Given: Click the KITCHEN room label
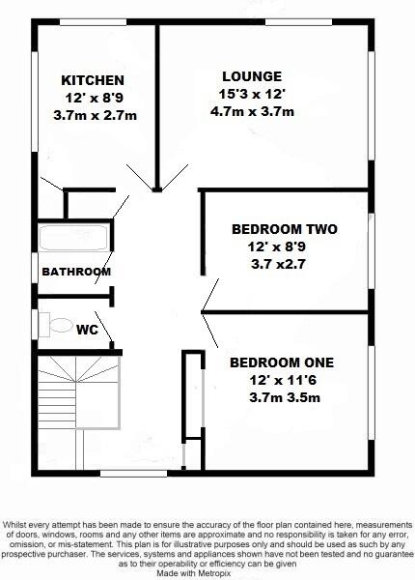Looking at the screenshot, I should pyautogui.click(x=93, y=79).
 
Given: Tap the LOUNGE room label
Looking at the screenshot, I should pyautogui.click(x=252, y=76).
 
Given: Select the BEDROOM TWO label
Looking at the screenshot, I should pyautogui.click(x=284, y=230).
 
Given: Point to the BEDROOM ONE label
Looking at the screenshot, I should pyautogui.click(x=281, y=362).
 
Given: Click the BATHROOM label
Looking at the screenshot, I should pyautogui.click(x=75, y=272).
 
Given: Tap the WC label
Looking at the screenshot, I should pyautogui.click(x=87, y=330).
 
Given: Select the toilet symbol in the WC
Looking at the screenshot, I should pyautogui.click(x=56, y=323).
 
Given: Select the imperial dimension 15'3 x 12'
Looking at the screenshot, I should pyautogui.click(x=252, y=94).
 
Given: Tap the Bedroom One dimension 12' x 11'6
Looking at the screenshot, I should pyautogui.click(x=282, y=380).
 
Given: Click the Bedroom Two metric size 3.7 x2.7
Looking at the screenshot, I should pyautogui.click(x=284, y=263).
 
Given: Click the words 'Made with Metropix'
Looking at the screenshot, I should pyautogui.click(x=207, y=571).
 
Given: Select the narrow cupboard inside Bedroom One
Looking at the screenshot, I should pyautogui.click(x=192, y=396).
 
